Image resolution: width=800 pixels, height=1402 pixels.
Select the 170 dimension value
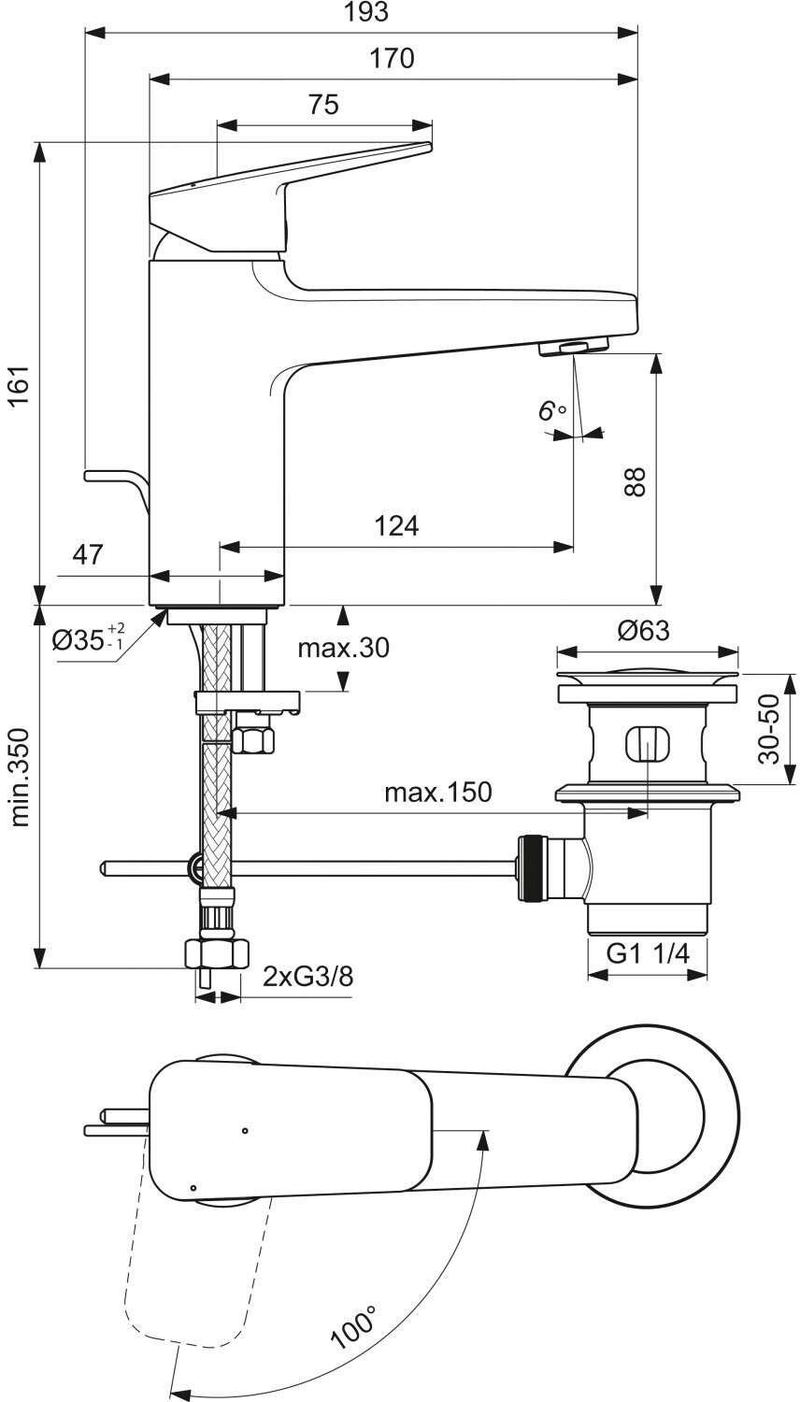392,59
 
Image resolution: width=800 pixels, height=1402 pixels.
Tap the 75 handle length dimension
323,105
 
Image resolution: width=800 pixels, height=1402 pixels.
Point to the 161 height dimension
21,385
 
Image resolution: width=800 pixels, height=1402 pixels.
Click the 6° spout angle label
552,411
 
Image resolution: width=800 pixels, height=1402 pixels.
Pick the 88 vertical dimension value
635,481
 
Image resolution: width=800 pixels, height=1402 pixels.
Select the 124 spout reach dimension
396,526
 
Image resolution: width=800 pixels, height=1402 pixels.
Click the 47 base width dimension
88,554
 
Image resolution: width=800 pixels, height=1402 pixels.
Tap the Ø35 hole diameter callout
88,638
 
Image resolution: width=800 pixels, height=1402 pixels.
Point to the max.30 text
343,648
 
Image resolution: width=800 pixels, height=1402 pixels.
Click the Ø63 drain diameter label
644,630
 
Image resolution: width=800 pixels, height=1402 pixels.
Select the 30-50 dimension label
769,729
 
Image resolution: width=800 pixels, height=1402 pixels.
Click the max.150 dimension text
438,793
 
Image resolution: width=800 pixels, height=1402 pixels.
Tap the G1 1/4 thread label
648,953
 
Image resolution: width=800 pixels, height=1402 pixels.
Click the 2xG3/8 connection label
307,976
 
